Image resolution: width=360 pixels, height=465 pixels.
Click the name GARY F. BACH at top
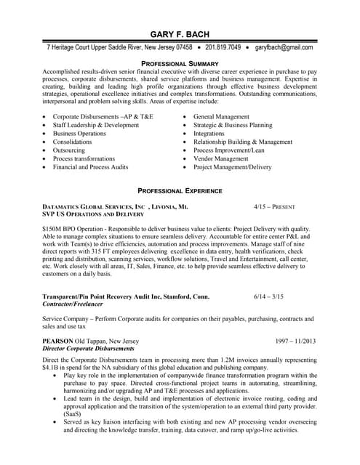tap(180, 34)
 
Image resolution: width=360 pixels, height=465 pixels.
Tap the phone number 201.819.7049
tap(223, 48)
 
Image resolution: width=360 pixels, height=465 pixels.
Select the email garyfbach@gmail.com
tap(284, 48)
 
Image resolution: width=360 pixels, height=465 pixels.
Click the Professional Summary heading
tap(180, 64)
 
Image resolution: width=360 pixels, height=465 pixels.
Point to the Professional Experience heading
tap(180, 190)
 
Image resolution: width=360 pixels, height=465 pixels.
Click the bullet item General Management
tap(222, 117)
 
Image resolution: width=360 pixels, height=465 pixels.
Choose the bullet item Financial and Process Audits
tap(90, 167)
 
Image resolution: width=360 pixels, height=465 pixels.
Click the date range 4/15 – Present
tap(274, 207)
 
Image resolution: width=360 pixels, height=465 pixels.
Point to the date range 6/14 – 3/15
tap(268, 297)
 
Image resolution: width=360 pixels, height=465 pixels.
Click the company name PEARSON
tap(57, 341)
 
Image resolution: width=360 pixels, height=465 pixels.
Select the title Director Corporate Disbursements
tap(88, 349)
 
